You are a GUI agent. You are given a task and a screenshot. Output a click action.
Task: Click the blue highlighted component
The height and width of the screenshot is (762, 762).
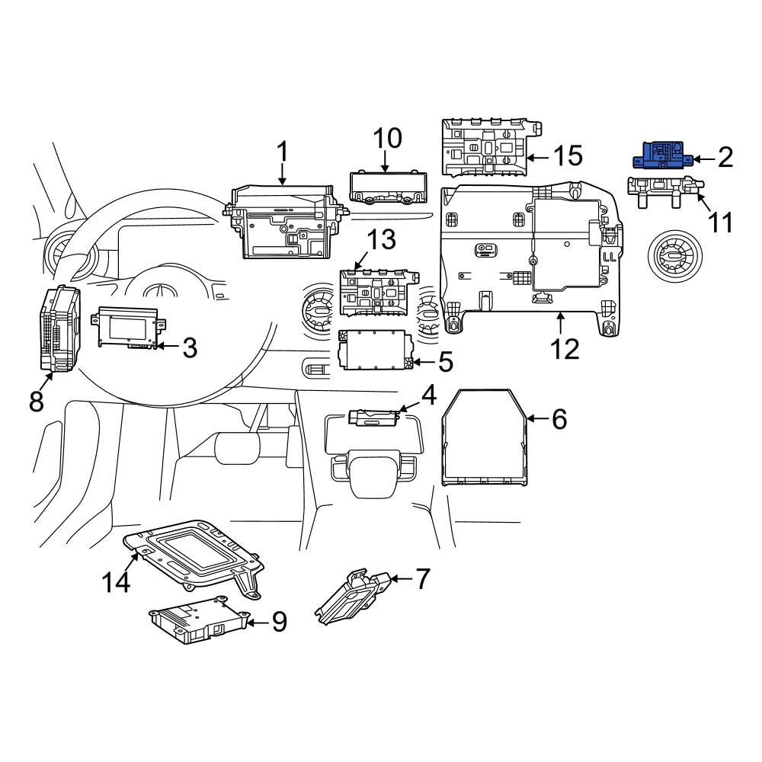(x=662, y=155)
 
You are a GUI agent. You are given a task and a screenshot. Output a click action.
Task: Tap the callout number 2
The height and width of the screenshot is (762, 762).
(x=725, y=158)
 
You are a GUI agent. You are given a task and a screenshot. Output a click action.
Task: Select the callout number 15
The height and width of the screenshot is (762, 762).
(x=568, y=155)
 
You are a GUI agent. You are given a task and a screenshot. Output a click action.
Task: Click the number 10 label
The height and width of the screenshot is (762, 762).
(x=387, y=138)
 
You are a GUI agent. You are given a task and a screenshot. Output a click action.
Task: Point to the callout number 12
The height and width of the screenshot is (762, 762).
(x=565, y=349)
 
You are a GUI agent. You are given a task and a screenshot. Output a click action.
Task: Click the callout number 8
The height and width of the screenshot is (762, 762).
(x=37, y=402)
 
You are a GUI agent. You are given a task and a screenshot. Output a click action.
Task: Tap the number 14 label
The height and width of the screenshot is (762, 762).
(x=116, y=581)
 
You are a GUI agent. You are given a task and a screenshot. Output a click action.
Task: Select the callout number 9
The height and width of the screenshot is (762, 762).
(x=279, y=622)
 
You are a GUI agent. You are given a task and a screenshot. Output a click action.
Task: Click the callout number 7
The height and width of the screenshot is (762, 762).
(x=422, y=578)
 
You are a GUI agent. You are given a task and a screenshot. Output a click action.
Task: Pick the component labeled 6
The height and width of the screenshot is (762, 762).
(x=485, y=437)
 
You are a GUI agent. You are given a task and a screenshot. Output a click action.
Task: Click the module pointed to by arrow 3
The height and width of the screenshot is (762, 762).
(x=128, y=327)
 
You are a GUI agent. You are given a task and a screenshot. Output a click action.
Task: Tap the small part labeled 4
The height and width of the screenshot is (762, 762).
(x=373, y=417)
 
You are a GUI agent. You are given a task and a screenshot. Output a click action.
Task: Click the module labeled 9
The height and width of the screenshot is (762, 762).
(x=199, y=620)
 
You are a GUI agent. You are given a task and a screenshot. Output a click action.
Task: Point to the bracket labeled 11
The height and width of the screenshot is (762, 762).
(x=665, y=191)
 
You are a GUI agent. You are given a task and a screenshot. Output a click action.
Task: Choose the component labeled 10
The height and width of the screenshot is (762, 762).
(x=388, y=187)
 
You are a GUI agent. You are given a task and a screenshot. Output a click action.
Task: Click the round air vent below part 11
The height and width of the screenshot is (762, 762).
(x=676, y=255)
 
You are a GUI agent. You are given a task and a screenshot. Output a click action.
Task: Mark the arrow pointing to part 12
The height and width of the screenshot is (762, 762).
(x=561, y=323)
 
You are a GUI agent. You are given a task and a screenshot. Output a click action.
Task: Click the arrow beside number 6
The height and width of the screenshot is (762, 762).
(x=537, y=418)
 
